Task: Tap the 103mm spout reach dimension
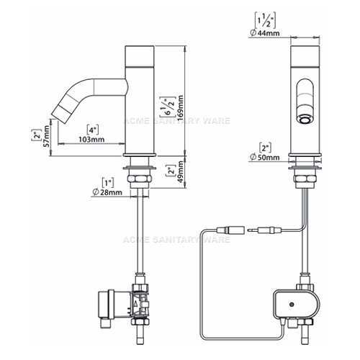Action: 91,139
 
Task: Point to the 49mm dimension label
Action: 181,171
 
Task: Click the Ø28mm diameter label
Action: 107,192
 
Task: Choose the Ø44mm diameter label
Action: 265,33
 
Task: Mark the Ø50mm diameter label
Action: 265,157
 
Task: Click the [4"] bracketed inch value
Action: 92,130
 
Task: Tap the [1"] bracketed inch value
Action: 108,183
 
